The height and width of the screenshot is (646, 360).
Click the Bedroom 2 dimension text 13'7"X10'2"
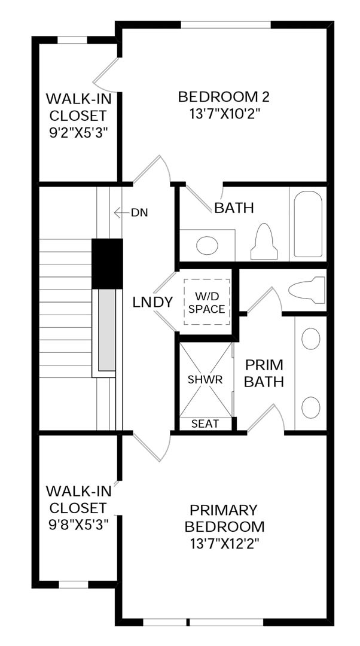pyautogui.click(x=224, y=113)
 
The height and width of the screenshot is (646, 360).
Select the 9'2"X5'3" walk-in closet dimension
pyautogui.click(x=78, y=133)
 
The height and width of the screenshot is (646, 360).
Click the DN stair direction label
pyautogui.click(x=139, y=213)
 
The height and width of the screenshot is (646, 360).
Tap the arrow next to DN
pyautogui.click(x=121, y=213)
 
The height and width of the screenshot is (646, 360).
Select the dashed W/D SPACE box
pyautogui.click(x=206, y=301)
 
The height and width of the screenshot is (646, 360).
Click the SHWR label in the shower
pyautogui.click(x=205, y=380)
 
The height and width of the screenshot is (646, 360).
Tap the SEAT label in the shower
pyautogui.click(x=205, y=423)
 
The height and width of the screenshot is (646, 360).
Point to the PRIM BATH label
pyautogui.click(x=264, y=373)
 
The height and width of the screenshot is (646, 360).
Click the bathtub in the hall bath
pyautogui.click(x=308, y=224)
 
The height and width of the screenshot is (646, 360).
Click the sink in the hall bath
pyautogui.click(x=207, y=246)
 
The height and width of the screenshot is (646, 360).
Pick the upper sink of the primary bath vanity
pyautogui.click(x=311, y=339)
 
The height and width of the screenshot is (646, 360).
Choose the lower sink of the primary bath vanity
pyautogui.click(x=311, y=407)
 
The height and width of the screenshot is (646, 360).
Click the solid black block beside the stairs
pyautogui.click(x=107, y=264)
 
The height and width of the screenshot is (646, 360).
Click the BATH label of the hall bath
pyautogui.click(x=234, y=209)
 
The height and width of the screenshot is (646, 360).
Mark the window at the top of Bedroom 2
pyautogui.click(x=225, y=25)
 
